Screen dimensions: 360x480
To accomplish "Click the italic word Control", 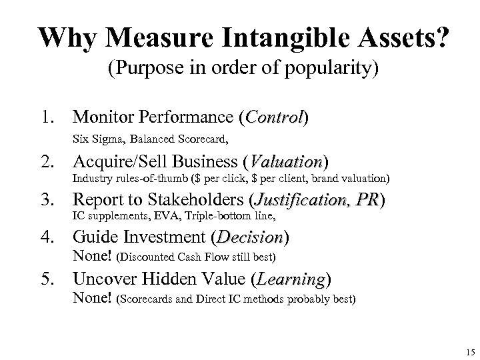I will click(275, 118).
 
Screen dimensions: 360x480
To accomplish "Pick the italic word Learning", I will click(293, 280).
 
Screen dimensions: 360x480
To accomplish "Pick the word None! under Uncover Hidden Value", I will click(92, 298).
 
